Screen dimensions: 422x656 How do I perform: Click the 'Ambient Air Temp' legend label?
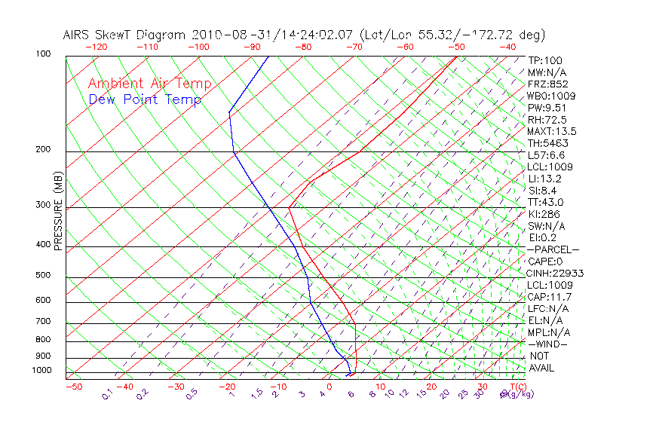[x=149, y=84]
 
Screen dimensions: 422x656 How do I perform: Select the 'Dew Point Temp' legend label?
[x=144, y=99]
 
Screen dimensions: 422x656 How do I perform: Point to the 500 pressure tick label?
[x=44, y=275]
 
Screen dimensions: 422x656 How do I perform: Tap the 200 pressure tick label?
[x=44, y=150]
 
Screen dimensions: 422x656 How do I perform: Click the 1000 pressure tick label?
[x=41, y=371]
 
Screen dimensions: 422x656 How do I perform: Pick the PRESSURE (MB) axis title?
[x=58, y=211]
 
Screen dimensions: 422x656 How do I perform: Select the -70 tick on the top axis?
[x=353, y=47]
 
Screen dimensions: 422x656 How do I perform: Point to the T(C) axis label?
[x=517, y=387]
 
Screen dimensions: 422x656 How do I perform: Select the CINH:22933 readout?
[x=556, y=274]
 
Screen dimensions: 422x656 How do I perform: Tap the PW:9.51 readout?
[x=547, y=108]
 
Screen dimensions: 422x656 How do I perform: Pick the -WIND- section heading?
[x=548, y=344]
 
